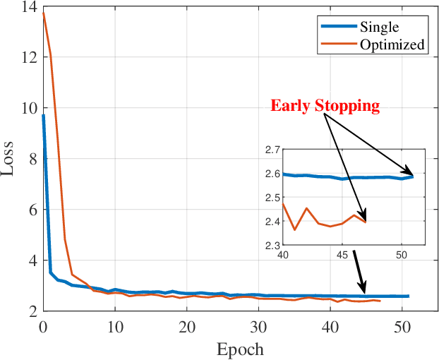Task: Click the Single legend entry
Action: (x=380, y=28)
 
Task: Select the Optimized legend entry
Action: (x=392, y=44)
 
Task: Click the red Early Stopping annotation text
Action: (x=325, y=107)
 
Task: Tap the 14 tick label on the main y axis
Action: (x=28, y=7)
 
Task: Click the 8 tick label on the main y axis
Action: (x=31, y=160)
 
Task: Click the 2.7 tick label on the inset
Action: (x=272, y=150)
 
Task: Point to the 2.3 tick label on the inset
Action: (x=272, y=246)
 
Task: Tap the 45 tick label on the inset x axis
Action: (x=342, y=255)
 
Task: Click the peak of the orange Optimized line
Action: (x=43, y=13)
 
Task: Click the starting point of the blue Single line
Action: (x=43, y=115)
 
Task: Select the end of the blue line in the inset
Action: (x=413, y=176)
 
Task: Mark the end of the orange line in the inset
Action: (x=366, y=222)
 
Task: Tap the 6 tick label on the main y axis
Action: (x=31, y=210)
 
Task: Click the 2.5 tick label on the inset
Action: (x=272, y=198)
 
